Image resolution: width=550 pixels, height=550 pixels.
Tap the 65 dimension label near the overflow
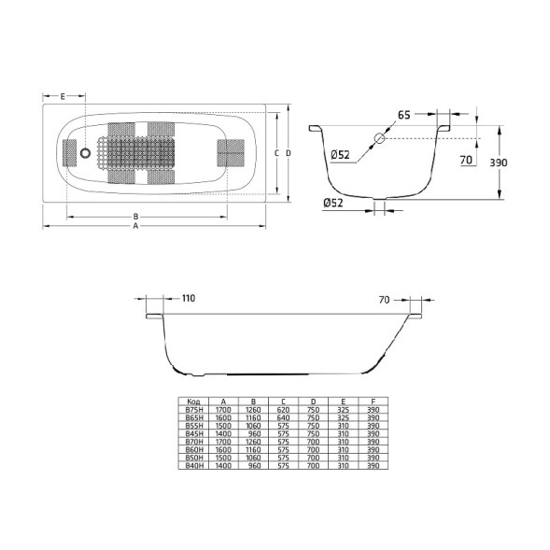[x=403, y=115]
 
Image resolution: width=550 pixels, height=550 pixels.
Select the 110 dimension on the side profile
[x=188, y=299]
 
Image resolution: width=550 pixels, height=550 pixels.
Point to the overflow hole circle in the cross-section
[x=379, y=139]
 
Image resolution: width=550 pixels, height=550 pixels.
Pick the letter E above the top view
[x=62, y=97]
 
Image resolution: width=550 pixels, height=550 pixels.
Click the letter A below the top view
[x=135, y=226]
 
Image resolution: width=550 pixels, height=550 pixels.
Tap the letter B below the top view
[x=135, y=216]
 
